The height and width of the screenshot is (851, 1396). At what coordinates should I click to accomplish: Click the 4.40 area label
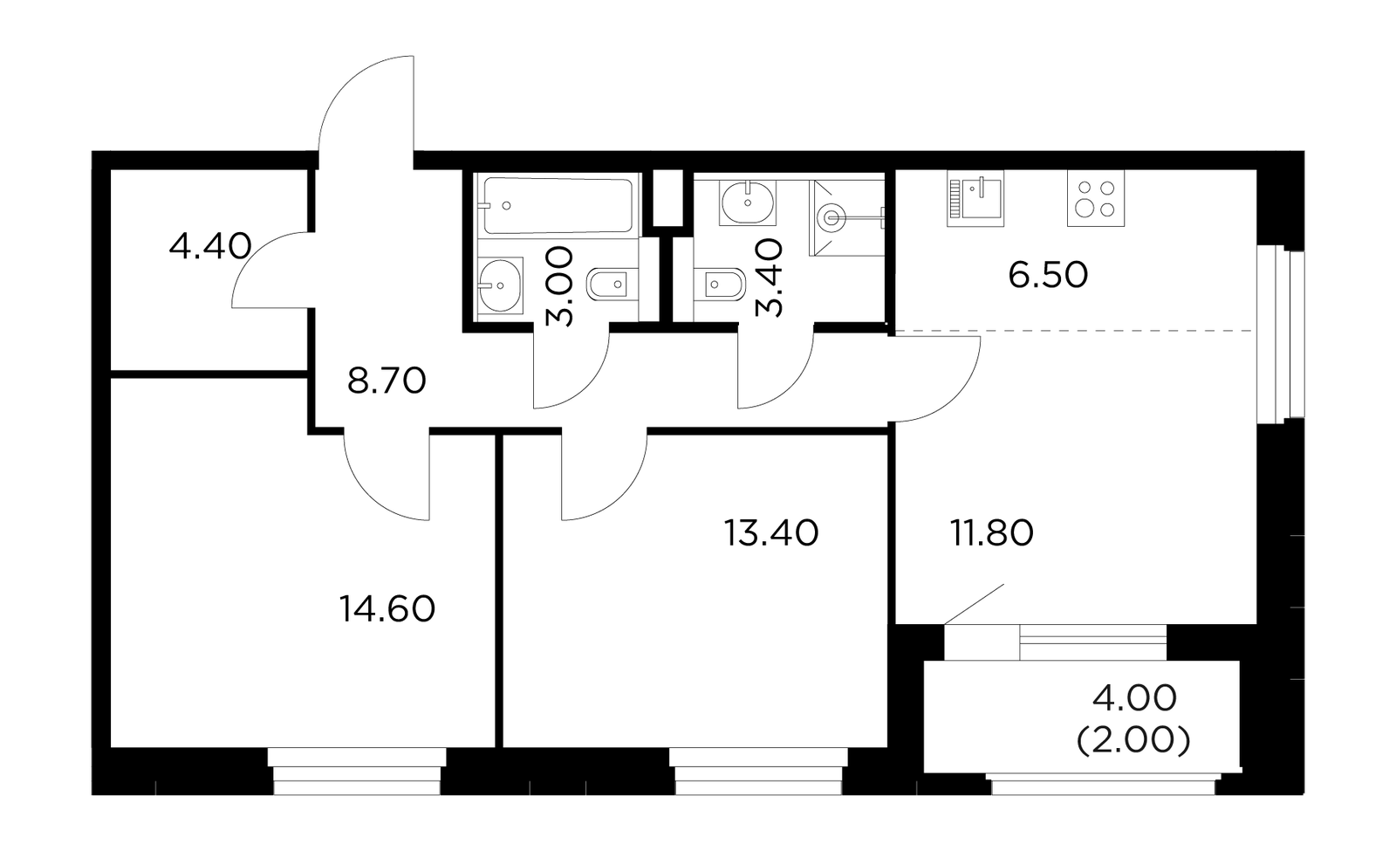point(210,246)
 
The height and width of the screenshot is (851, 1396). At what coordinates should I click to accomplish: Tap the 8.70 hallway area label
point(387,381)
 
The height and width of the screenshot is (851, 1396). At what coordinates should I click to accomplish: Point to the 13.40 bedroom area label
point(771,533)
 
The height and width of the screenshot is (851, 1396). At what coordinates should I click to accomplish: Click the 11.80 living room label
point(991,533)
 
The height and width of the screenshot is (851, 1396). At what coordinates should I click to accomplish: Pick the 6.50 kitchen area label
point(1048,275)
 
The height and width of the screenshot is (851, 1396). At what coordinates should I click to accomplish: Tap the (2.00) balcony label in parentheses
point(1133,741)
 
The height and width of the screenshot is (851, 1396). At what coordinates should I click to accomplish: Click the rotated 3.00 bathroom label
point(559,286)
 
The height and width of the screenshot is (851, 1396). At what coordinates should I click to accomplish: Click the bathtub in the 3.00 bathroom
point(558,206)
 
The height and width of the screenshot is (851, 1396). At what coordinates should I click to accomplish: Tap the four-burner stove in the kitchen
point(1096,197)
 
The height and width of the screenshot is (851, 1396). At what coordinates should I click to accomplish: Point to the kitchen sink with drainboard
point(975,197)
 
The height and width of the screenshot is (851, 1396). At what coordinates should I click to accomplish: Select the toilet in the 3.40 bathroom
point(719,285)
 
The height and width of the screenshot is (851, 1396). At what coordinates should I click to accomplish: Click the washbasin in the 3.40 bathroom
point(747,202)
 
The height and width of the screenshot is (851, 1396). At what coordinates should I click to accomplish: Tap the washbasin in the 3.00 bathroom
point(501,285)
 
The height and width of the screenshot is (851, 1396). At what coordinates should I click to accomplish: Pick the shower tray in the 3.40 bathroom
point(847,217)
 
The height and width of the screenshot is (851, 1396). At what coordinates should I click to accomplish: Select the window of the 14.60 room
point(357,772)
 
